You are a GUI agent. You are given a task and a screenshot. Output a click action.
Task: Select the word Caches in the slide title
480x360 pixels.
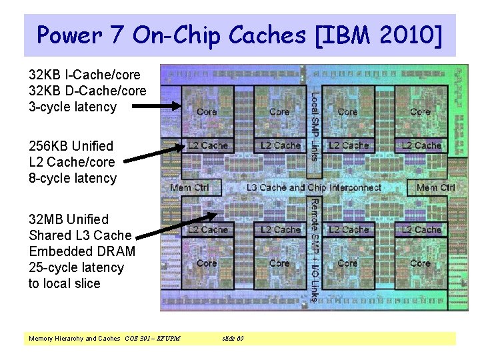[x=275, y=34]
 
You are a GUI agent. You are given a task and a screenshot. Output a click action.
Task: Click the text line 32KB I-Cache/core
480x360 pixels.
[x=85, y=75]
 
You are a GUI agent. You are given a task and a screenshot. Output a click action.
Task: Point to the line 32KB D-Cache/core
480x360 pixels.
[x=87, y=91]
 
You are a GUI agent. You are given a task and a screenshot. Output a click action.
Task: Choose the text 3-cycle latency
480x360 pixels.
[x=73, y=107]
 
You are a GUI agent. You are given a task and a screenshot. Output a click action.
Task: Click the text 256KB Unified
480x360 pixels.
[x=71, y=146]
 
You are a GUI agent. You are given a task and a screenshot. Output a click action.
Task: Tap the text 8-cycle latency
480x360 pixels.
[x=73, y=178]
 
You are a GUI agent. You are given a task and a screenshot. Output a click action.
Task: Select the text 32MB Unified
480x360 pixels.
[x=69, y=219]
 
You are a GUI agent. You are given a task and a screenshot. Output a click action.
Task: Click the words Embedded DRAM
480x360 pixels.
[x=82, y=251]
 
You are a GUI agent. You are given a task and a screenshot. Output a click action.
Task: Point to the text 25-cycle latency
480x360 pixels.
[x=76, y=267]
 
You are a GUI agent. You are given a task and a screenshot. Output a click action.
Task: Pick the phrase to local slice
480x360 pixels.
[x=65, y=283]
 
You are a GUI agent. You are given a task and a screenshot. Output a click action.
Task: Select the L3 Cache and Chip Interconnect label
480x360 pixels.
[x=314, y=188]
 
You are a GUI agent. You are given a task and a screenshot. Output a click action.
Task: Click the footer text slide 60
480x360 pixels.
[x=233, y=339]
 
